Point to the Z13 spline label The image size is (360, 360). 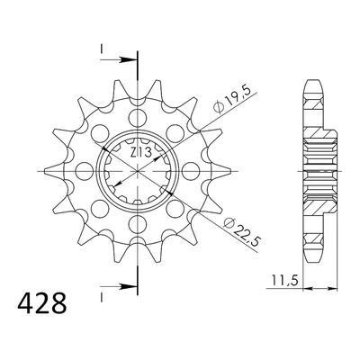click(x=140, y=153)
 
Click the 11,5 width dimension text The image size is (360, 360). click(x=285, y=281)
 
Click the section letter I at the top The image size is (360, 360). click(x=102, y=49)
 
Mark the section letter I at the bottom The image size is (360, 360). click(x=102, y=297)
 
